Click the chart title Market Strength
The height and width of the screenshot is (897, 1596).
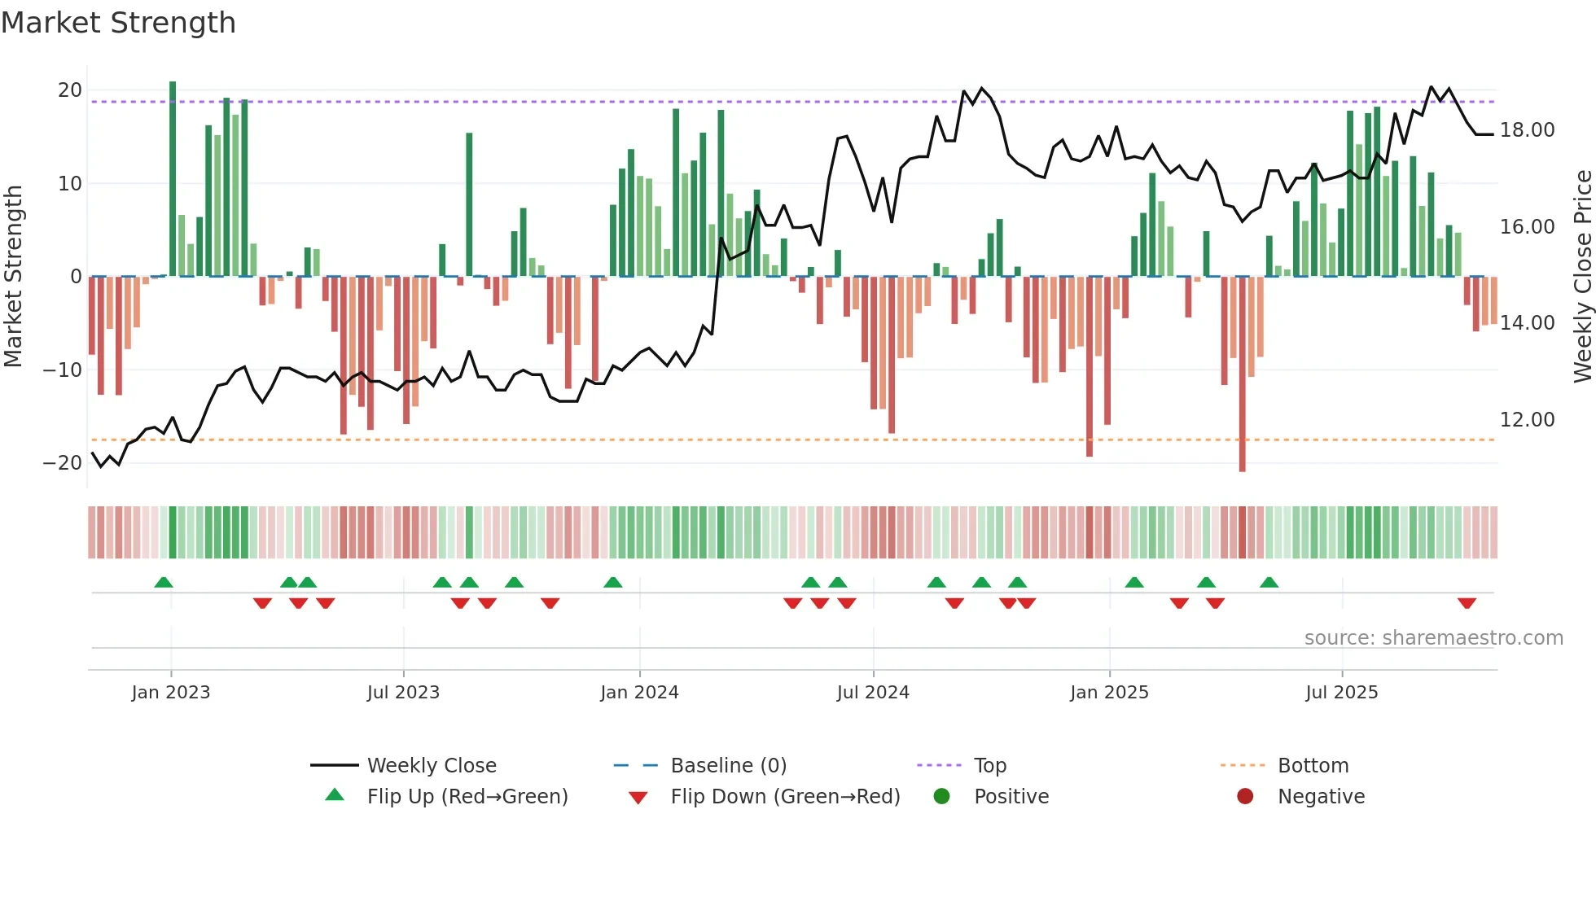[118, 23]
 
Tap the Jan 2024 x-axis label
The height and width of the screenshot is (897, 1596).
[639, 693]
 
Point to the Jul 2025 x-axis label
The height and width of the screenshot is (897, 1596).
[1341, 693]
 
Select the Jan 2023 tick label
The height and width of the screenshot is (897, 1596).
[171, 693]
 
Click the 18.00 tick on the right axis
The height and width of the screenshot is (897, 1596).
[1527, 130]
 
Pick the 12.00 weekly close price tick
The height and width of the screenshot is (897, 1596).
[1527, 420]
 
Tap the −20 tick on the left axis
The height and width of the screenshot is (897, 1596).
[63, 463]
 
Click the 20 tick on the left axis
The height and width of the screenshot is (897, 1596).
[70, 90]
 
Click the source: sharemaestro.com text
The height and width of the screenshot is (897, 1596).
[1433, 638]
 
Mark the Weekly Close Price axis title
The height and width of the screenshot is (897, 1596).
[1582, 277]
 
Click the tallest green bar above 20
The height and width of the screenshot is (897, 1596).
[173, 179]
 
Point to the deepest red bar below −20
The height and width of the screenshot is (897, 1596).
[1242, 374]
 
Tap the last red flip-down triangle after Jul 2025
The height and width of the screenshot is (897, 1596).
[1467, 603]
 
